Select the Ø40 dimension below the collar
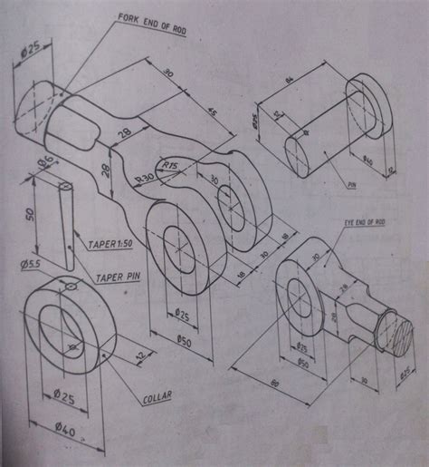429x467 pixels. (x=64, y=429)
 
